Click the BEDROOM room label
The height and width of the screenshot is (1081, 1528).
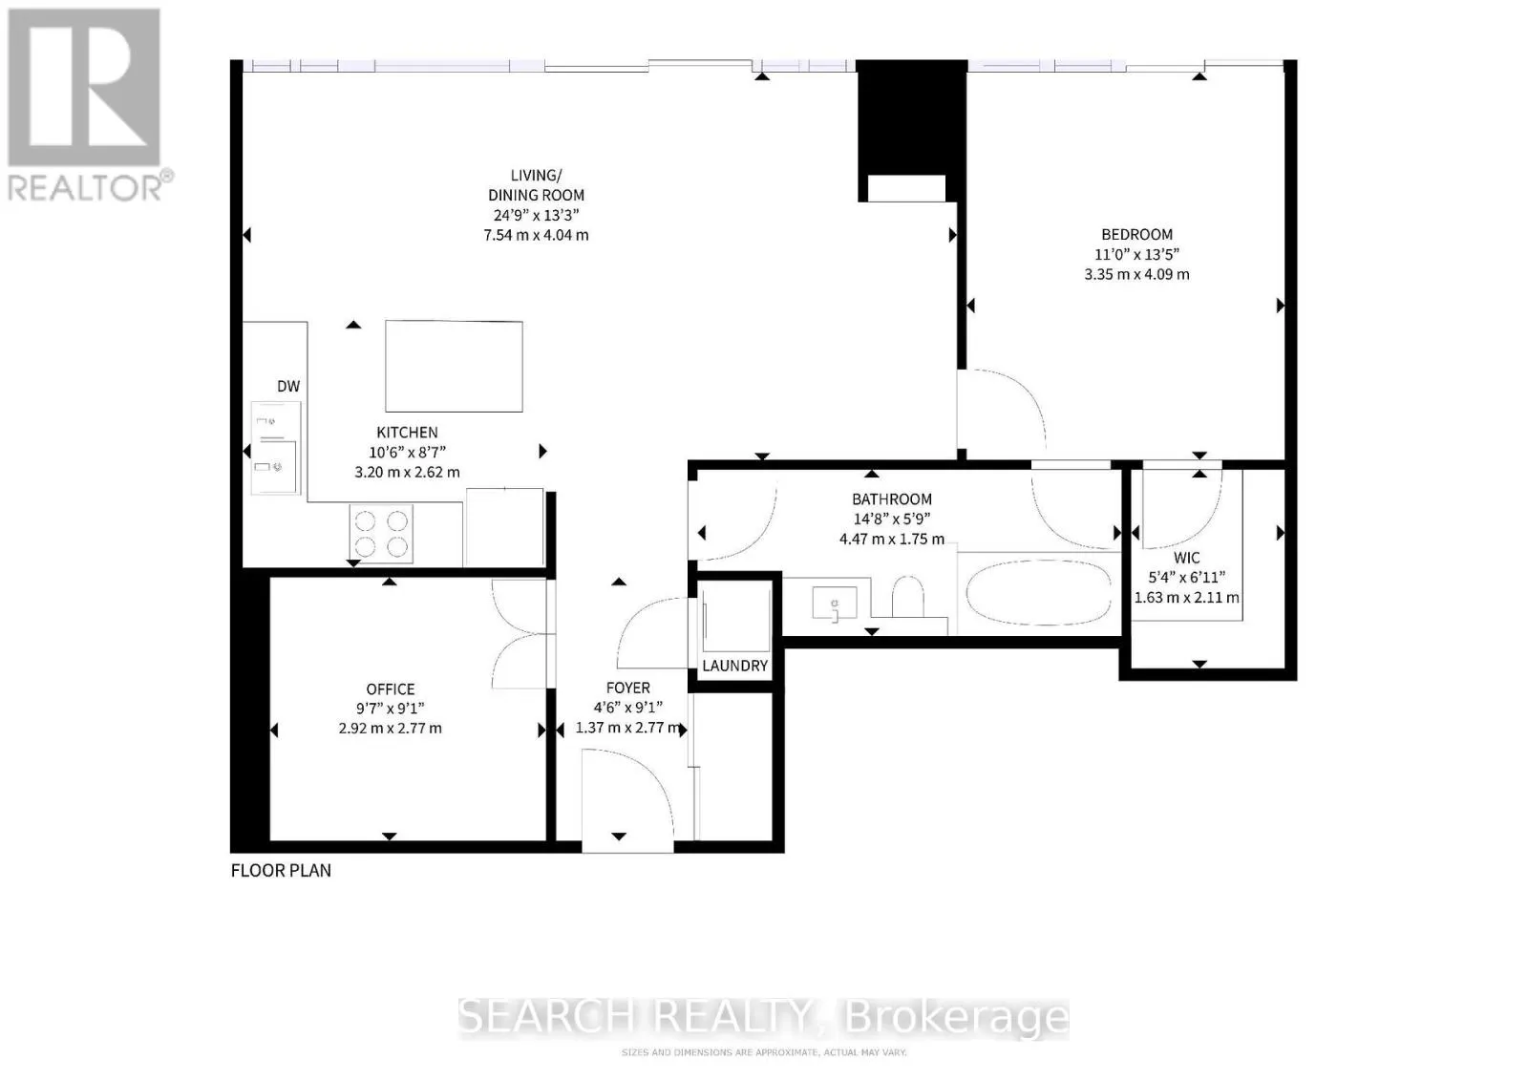[x=1136, y=234]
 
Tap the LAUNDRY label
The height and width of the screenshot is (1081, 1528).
[x=734, y=666]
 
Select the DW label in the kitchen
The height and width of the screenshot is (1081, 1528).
[x=288, y=387]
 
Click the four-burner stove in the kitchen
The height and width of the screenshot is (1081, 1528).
[x=382, y=533]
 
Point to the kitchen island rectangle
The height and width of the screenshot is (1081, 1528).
[x=454, y=366]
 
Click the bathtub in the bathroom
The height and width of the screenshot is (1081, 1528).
[x=1038, y=592]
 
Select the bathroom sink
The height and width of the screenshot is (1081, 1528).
[x=835, y=604]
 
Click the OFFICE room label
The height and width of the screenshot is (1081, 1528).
[x=391, y=689]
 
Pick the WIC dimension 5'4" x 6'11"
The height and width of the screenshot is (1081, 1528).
[x=1186, y=577]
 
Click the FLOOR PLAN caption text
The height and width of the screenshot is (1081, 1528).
[x=281, y=870]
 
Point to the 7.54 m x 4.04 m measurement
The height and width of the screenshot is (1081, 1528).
[x=536, y=235]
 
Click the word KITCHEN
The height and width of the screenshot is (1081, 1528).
[x=407, y=433]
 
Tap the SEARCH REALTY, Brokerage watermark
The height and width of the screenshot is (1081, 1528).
[x=763, y=1018]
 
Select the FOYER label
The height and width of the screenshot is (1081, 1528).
[x=628, y=688]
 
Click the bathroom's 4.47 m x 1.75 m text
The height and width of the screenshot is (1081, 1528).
[x=891, y=539]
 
